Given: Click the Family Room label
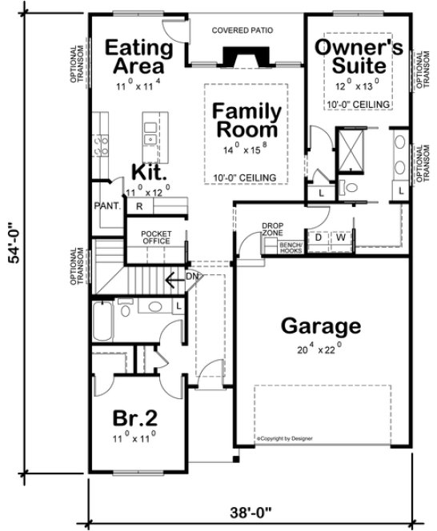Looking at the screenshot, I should coord(246,120).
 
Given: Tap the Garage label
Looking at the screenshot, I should coord(319,326).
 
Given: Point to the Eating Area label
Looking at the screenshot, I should coord(139,55).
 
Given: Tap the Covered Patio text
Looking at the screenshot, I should coord(243,31).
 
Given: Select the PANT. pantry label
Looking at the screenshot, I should coord(107,206).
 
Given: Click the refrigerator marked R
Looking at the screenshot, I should coord(139,206).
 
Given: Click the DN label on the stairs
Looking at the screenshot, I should coord(190,277).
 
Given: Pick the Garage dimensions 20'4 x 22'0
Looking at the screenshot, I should coord(319,349).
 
